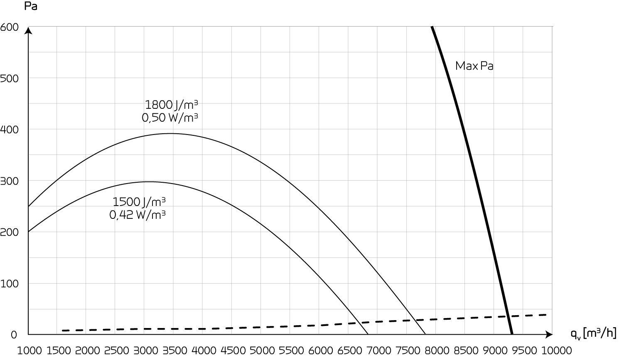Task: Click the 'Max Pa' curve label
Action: [474, 66]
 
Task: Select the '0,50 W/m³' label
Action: [170, 118]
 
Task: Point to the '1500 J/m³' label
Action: [139, 202]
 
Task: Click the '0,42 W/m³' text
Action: [138, 215]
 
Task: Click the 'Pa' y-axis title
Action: [31, 6]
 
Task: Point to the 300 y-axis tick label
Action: [9, 181]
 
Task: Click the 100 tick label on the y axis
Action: [9, 284]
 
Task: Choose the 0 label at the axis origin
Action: [14, 335]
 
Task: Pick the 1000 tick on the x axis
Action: [29, 351]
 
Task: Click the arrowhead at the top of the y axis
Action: [28, 30]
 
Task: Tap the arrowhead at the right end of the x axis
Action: [549, 334]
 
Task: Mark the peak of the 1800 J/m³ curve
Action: [171, 133]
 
